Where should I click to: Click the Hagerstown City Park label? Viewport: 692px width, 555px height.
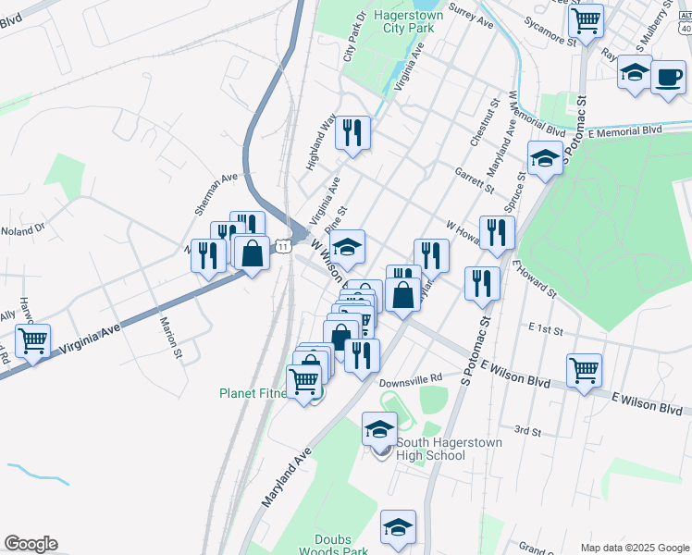(x=408, y=21)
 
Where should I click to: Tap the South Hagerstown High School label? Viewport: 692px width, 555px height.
(x=449, y=449)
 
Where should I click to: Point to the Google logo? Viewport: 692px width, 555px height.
(x=31, y=544)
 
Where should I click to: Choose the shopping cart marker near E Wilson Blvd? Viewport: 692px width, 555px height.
(x=585, y=370)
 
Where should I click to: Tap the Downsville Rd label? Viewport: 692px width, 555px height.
(x=411, y=379)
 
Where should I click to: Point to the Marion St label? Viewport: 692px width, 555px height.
(x=171, y=337)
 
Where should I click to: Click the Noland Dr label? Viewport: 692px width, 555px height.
(x=22, y=229)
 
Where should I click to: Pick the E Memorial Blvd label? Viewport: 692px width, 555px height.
(x=625, y=131)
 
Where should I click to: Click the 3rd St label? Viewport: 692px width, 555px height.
(x=527, y=430)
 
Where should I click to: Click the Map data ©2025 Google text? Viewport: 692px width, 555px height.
(x=634, y=547)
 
